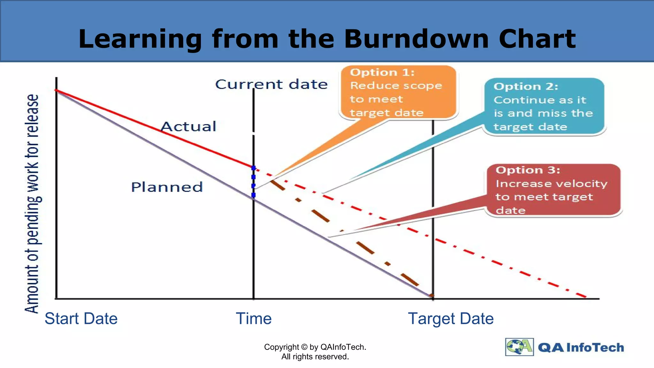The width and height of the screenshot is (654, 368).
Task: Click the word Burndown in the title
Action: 416,39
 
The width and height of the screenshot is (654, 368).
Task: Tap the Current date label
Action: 271,84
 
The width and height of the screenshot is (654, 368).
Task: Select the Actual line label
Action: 188,126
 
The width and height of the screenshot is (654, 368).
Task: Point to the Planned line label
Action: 167,187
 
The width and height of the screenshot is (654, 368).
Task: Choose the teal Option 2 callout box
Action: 544,106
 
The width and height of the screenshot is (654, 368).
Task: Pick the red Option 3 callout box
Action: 553,190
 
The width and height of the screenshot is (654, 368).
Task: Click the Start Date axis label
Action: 81,318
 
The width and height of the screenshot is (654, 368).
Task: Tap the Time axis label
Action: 254,318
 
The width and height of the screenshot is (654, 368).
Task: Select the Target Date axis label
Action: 451,318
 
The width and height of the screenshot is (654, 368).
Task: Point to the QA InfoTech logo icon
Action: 519,347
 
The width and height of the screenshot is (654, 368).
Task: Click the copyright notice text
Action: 315,352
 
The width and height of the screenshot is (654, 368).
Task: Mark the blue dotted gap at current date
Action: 254,181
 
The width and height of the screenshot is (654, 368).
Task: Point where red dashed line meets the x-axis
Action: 587,297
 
